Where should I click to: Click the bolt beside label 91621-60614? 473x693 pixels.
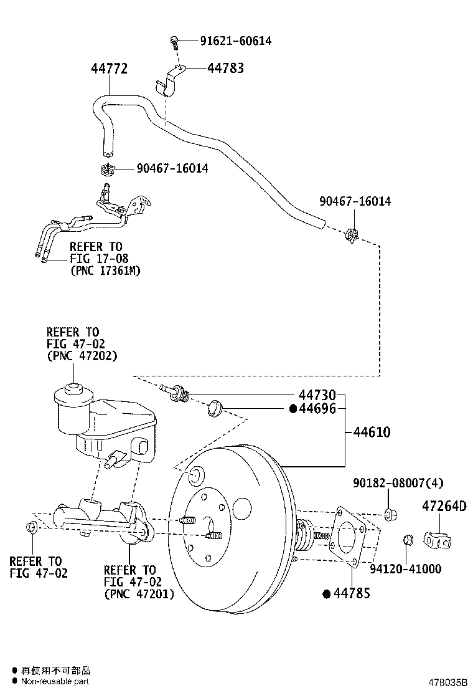175,42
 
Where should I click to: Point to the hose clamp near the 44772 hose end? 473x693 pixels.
108,168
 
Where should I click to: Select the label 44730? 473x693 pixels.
317,394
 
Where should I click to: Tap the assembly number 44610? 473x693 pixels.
372,431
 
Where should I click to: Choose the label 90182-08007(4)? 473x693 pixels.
398,482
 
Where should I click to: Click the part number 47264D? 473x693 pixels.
444,506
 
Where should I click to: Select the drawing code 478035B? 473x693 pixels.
447,682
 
